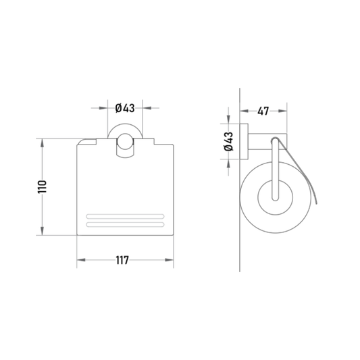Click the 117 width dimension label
pos(122,260)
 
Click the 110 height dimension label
pos(43,187)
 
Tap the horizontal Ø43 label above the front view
pos(125,108)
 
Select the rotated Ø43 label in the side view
pos(229,141)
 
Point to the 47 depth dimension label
pos(263,111)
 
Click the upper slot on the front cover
pos(125,216)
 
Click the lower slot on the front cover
pos(125,224)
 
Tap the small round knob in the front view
pos(125,141)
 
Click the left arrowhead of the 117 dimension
pos(81,260)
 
